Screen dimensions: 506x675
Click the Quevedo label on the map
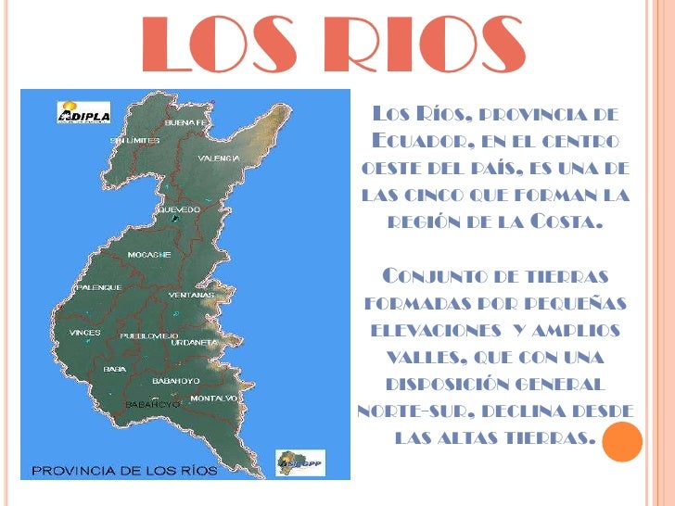(x=179, y=209)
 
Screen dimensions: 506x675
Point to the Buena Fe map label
(x=186, y=121)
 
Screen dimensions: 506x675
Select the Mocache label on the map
(x=148, y=253)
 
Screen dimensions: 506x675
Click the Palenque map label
(x=98, y=287)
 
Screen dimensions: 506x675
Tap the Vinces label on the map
(x=85, y=332)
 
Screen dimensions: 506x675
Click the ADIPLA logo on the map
(x=84, y=113)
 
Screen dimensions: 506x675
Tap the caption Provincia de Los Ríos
(x=125, y=470)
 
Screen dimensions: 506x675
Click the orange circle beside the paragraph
(x=622, y=441)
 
